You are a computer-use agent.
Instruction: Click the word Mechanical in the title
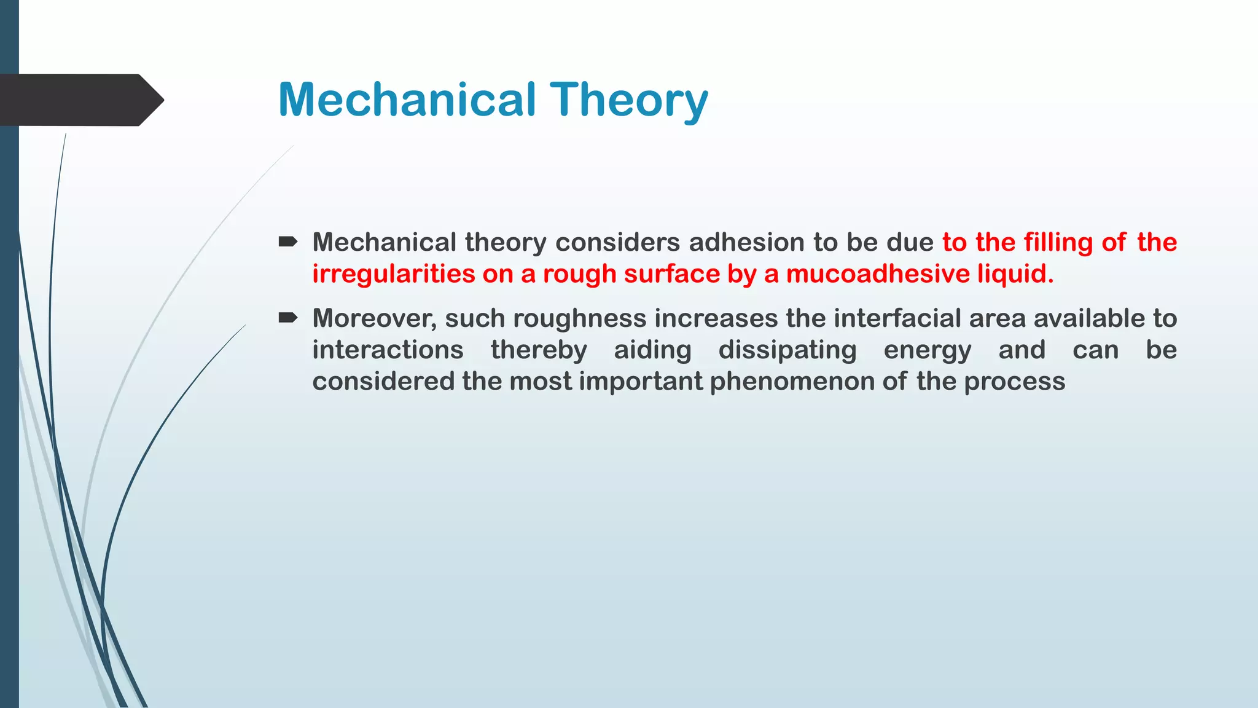407,100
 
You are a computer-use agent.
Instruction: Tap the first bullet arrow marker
287,242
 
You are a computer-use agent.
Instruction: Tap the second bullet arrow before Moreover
287,318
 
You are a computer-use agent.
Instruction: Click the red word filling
1058,242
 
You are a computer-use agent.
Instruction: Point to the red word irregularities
393,273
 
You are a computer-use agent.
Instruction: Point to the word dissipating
787,350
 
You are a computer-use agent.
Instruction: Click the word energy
928,350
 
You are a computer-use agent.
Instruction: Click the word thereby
539,350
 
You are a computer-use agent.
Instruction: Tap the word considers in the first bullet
612,242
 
